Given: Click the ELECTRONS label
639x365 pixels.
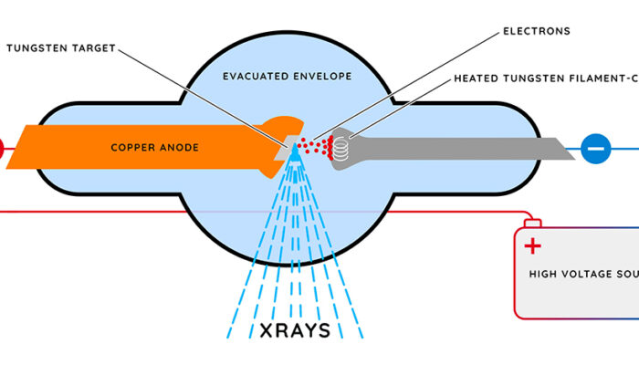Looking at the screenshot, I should coord(536,31).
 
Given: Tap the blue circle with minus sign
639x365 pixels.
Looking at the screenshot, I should coord(595,148).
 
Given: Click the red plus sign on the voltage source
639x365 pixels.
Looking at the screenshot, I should coord(532,245).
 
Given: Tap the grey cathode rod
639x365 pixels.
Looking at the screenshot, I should coord(456,147).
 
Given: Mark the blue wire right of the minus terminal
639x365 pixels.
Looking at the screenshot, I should coord(624,148).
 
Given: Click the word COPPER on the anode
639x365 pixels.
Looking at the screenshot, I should coord(131,146).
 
